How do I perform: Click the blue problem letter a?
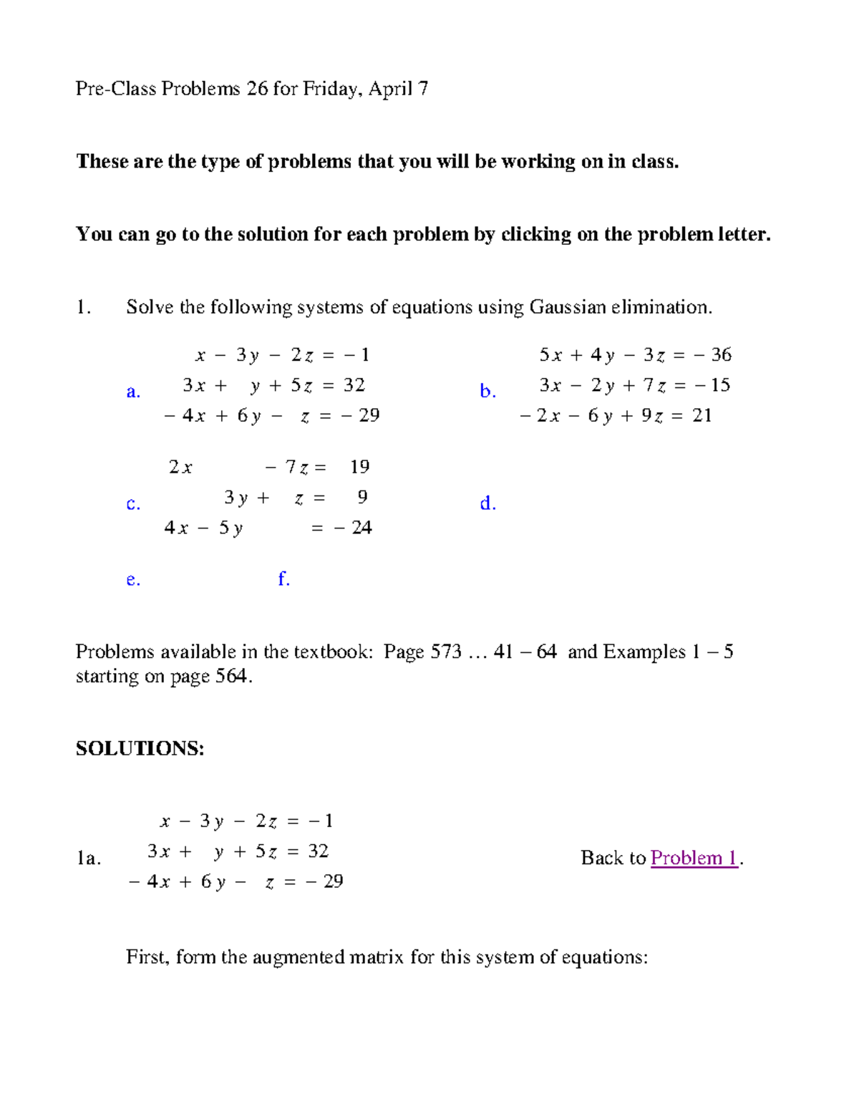[132, 392]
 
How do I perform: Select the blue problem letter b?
[487, 391]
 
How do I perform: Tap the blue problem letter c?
[132, 504]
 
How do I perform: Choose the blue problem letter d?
[487, 503]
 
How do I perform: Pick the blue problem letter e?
[132, 579]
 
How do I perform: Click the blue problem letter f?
[283, 579]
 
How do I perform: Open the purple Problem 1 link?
[694, 858]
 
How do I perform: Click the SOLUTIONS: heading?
[140, 748]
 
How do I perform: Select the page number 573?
[445, 652]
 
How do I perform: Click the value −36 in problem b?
[714, 354]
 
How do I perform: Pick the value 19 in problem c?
[359, 467]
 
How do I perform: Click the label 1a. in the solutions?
[89, 858]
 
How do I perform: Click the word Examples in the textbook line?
[644, 652]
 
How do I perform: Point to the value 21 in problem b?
[702, 415]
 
